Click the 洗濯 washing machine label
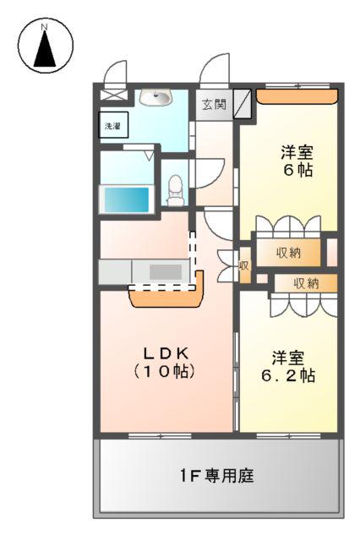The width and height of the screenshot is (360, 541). tap(113, 125)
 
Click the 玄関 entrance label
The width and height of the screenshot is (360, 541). tap(214, 105)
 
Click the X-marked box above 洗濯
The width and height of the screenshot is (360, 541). tap(112, 96)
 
